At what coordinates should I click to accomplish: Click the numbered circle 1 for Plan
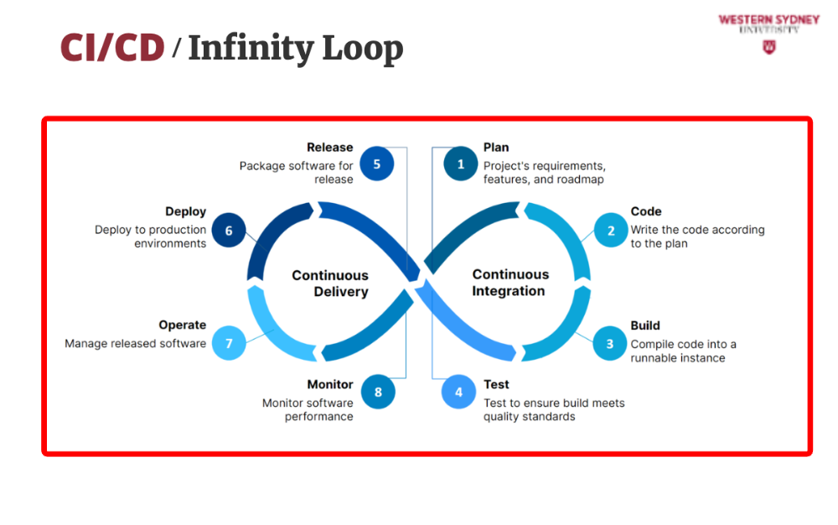coord(460,164)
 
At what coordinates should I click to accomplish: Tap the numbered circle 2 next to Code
coord(611,231)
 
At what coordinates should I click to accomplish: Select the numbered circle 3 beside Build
coord(610,344)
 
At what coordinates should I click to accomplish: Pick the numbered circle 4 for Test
coord(458,392)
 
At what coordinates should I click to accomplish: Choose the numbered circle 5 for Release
coord(376,164)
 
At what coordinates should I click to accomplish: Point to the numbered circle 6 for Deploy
coord(228,231)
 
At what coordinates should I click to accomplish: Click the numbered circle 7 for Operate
coord(228,343)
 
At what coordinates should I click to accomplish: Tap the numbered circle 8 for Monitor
coord(378,392)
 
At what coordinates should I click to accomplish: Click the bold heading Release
coord(330,148)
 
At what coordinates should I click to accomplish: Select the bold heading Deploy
coord(185,212)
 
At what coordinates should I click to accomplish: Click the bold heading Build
coord(645,325)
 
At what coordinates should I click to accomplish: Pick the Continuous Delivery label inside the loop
coord(330,283)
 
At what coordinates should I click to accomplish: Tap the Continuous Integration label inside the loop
coord(510,283)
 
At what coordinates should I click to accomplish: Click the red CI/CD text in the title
coord(112,49)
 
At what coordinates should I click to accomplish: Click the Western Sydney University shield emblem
coord(768,47)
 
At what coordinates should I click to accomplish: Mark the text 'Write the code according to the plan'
coord(697,237)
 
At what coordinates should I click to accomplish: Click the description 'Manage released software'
coord(135,344)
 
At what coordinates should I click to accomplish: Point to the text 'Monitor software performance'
coord(308,409)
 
